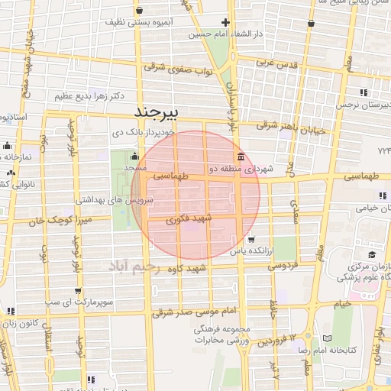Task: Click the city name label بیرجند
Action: tap(156, 113)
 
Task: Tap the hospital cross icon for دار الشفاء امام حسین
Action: tap(225, 22)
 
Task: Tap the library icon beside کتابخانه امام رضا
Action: tap(328, 338)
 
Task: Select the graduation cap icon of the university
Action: tap(372, 254)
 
